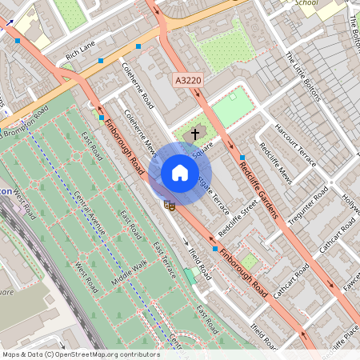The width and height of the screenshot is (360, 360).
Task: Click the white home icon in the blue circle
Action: pos(180,173)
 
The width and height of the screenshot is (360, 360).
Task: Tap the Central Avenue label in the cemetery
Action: pos(90,214)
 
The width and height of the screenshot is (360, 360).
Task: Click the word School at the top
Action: pos(306,3)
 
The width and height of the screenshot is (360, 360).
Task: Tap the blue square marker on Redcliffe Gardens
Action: pos(242,157)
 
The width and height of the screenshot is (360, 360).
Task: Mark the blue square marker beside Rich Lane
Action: pos(101,61)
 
